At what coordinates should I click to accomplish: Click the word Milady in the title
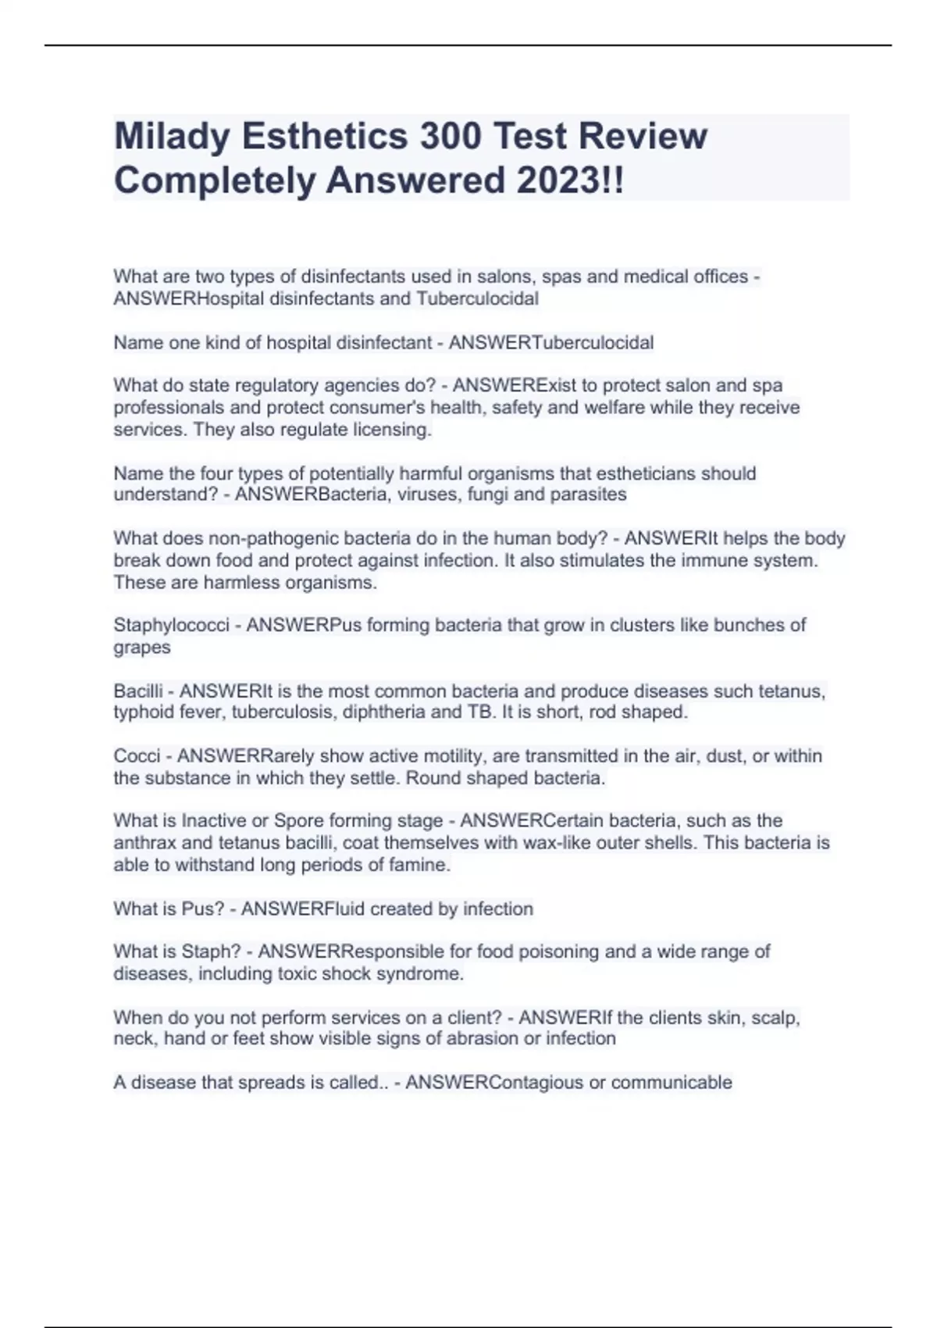point(172,137)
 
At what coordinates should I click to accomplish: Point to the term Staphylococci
point(171,626)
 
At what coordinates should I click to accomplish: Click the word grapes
point(141,648)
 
